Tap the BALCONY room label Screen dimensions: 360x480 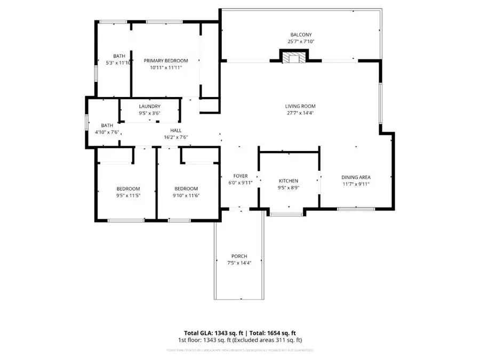pos(297,35)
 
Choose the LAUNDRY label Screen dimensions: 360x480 pos(149,106)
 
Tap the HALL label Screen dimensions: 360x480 pos(175,130)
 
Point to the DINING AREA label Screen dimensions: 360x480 pos(356,178)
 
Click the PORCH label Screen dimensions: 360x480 pos(239,256)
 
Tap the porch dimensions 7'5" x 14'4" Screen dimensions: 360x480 pos(239,263)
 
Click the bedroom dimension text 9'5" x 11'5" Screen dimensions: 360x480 pos(128,196)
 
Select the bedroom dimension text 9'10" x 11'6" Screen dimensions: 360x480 pos(186,196)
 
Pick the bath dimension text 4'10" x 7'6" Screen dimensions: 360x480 pos(107,132)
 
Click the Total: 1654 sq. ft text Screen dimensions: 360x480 pos(271,333)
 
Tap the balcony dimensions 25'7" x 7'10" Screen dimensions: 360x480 pos(297,42)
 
